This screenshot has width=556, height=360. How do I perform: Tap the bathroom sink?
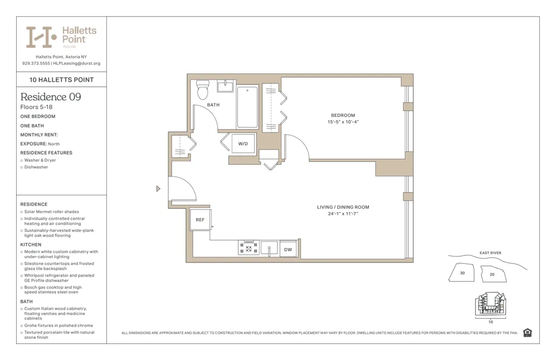[x=225, y=86]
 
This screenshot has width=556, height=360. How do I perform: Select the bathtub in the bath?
[x=247, y=107]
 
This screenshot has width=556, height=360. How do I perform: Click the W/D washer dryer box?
[x=243, y=144]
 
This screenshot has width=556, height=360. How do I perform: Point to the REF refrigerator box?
[x=200, y=220]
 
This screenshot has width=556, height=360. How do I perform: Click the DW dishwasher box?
[x=288, y=249]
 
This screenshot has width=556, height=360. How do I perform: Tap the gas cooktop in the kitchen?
[x=249, y=248]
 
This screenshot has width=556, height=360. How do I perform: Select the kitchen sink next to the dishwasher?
[x=269, y=248]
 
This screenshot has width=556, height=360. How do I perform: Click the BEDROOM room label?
[x=342, y=115]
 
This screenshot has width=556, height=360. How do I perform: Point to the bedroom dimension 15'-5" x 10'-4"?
[x=342, y=122]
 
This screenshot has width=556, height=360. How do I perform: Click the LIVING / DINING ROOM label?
[x=342, y=207]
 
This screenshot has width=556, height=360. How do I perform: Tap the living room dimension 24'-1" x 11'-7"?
[x=342, y=214]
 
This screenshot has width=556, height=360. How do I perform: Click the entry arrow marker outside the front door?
[x=158, y=189]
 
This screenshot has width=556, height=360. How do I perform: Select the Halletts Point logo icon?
[x=42, y=37]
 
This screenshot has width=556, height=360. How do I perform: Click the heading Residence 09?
[x=51, y=97]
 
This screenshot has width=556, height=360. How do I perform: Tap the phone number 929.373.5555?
[x=36, y=63]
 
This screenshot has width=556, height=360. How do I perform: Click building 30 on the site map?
[x=462, y=273]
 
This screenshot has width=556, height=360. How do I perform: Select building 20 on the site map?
[x=492, y=274]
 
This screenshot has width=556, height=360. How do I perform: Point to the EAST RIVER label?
[x=490, y=253]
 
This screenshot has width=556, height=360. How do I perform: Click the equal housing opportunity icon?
[x=527, y=333]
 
